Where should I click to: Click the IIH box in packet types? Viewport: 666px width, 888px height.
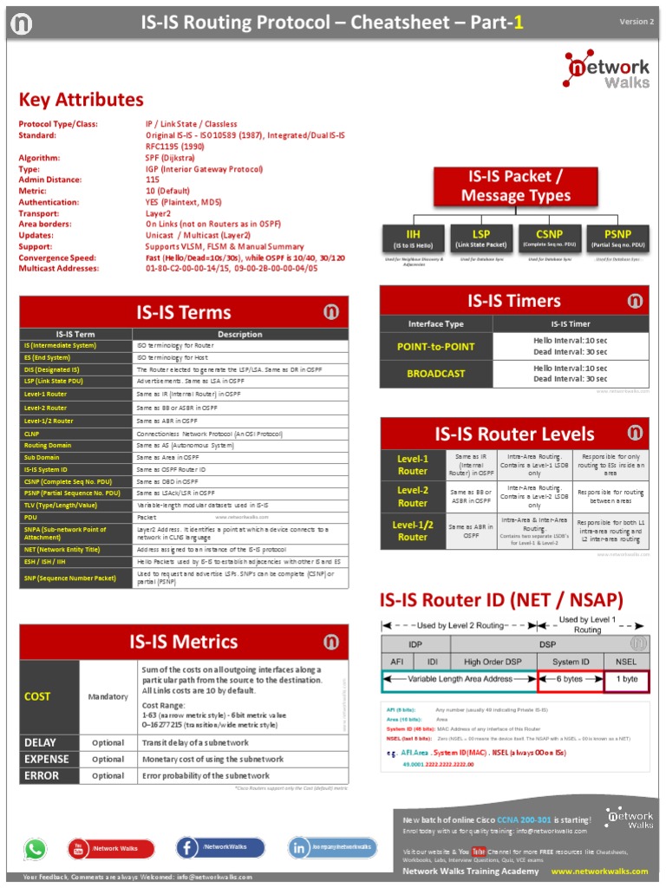coord(412,238)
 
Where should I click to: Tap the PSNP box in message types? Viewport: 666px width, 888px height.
coord(617,238)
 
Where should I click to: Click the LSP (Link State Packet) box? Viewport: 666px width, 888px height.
coord(480,238)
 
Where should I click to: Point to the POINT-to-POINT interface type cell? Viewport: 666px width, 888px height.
coord(435,346)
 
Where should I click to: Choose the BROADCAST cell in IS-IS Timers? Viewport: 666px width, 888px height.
coord(435,374)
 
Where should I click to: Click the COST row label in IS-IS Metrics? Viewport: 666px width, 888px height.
coord(37,696)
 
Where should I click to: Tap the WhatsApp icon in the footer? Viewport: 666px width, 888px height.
coord(36,849)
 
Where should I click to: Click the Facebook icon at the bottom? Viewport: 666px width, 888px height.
coord(188,847)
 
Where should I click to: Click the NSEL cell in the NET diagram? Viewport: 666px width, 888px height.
coord(625,662)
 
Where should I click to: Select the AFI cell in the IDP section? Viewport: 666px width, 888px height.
coord(397,662)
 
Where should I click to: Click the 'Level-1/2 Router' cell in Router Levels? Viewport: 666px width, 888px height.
coord(413,531)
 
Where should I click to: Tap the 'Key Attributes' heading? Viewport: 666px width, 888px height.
coord(82,100)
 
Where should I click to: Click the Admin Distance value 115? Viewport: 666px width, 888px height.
coord(153,180)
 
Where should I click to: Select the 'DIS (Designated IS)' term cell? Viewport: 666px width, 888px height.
coord(53,369)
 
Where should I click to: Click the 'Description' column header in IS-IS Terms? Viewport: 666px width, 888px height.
coord(239,334)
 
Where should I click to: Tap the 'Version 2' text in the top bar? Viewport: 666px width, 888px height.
coord(636,22)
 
